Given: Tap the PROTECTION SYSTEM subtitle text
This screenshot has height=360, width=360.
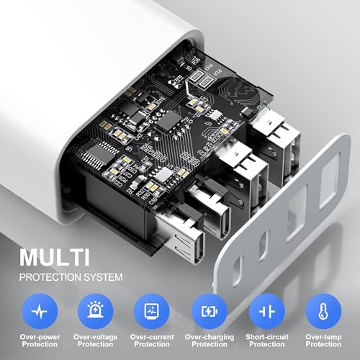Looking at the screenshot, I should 70,276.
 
